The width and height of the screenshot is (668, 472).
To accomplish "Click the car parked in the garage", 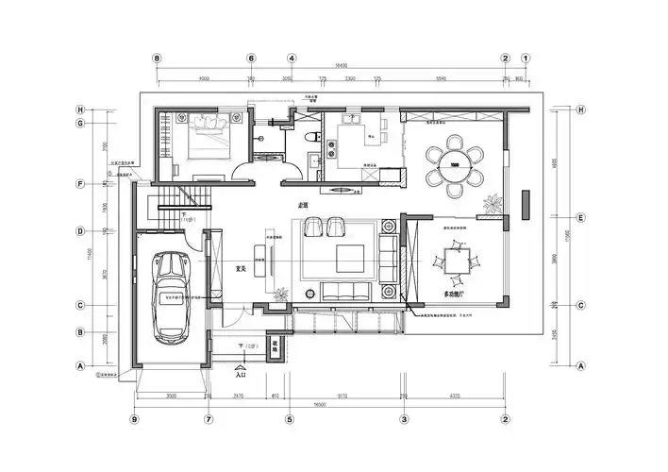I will (171, 296).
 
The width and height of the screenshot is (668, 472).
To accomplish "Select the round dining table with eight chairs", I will (454, 164).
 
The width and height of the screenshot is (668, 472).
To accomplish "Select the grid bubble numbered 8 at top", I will (157, 58).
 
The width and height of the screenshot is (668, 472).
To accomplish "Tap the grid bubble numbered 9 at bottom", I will (134, 418).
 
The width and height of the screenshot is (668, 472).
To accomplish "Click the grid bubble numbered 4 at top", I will (292, 58).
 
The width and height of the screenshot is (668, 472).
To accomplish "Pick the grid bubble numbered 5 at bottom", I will (290, 418).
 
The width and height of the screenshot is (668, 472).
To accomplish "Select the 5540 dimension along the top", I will (440, 78).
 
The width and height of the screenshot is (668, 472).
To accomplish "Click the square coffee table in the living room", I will (349, 256).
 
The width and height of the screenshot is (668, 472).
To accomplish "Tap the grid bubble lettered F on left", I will (81, 183).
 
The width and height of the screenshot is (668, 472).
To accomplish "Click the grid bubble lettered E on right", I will (581, 217).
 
